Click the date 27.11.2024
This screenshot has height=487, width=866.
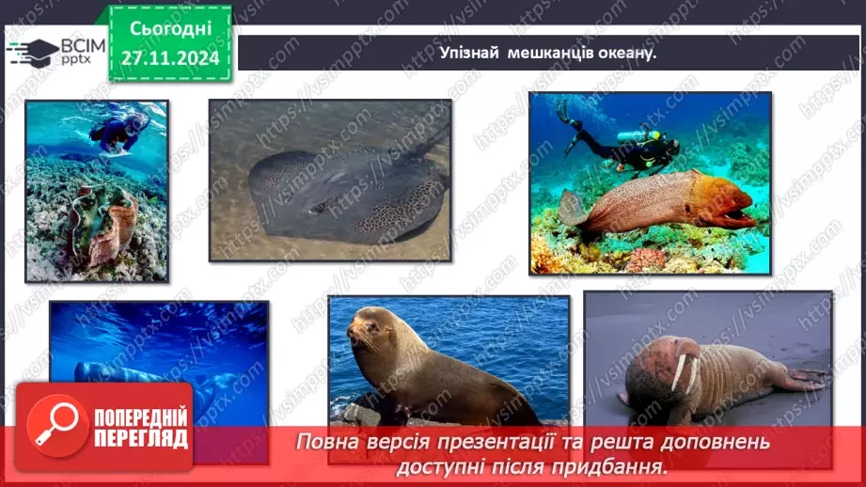tap(170, 58)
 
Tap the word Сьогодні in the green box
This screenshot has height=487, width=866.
tap(170, 29)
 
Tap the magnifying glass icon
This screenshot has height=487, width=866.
tap(56, 425)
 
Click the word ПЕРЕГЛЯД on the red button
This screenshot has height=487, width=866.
tap(141, 439)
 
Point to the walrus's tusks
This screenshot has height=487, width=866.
tap(684, 372)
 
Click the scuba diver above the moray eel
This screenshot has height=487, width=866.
tap(619, 140)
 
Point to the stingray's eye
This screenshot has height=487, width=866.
tap(319, 208)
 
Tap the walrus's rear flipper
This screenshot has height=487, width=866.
tap(808, 378)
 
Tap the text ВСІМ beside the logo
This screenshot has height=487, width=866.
tap(83, 46)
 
